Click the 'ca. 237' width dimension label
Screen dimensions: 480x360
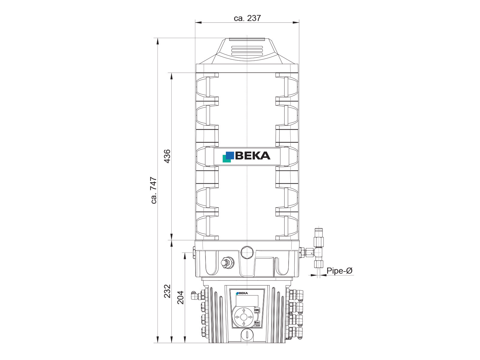point(247,18)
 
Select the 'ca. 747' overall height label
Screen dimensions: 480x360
point(154,190)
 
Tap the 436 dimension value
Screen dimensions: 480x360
point(167,156)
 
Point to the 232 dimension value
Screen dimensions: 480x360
point(167,291)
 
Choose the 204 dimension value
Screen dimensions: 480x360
point(180,298)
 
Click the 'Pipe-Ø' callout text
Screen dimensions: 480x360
point(339,271)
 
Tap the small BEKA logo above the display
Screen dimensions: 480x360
point(242,293)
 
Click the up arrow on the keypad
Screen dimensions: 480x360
point(244,310)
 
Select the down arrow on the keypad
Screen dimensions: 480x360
point(244,324)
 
